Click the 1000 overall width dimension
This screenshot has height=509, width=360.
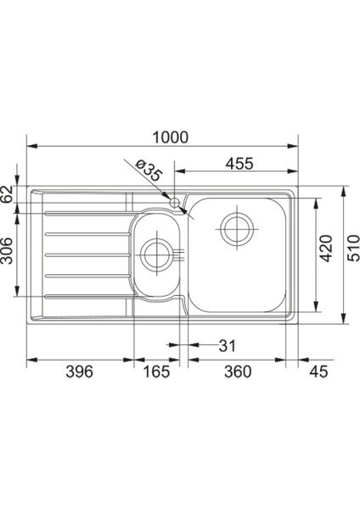point(171,137)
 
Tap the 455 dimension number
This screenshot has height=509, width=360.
point(239,164)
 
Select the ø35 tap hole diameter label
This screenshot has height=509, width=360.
point(148,171)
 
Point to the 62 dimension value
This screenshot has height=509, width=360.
point(7,193)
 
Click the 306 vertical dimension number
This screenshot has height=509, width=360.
point(7,250)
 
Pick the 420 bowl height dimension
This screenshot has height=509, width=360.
point(326,249)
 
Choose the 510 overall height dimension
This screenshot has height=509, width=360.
point(353,249)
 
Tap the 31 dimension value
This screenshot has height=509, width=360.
point(227,346)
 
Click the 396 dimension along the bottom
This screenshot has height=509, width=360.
point(79,372)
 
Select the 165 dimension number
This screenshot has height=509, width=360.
point(156,372)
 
